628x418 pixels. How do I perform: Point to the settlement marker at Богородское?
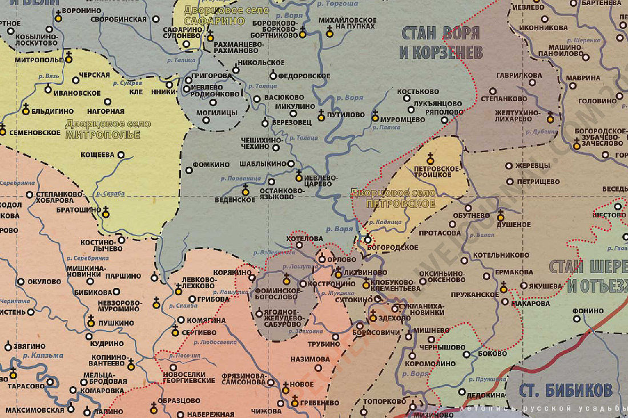368,240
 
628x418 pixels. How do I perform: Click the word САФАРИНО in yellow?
214,22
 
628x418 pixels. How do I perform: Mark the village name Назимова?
310,359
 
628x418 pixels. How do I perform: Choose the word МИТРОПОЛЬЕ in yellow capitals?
103,135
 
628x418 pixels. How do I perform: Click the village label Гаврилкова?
519,75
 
